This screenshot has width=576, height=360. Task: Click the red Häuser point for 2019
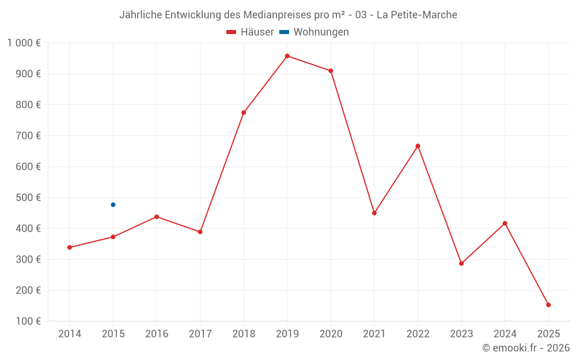[x=287, y=56]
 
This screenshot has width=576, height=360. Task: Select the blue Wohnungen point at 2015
[x=113, y=204]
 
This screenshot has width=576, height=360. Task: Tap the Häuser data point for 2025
[x=548, y=305]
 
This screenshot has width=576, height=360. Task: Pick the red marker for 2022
[x=418, y=146]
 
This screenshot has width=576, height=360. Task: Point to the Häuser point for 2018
[x=244, y=112]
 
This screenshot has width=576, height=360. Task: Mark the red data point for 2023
[x=461, y=263]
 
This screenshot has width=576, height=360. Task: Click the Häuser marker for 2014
[x=70, y=248]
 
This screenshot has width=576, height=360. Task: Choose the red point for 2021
[x=374, y=213]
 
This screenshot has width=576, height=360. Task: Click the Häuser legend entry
[x=250, y=32]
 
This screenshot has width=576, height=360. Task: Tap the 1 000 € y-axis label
[x=24, y=43]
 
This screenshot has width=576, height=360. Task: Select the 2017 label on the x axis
[x=200, y=334]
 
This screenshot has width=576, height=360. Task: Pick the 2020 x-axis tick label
[x=331, y=334]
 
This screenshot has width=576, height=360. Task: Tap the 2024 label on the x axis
[x=505, y=334]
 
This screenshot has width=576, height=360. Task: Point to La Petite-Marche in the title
[x=417, y=15]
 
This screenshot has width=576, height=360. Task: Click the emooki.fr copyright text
[x=526, y=348]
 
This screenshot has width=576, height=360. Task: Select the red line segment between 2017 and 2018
[x=222, y=172]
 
